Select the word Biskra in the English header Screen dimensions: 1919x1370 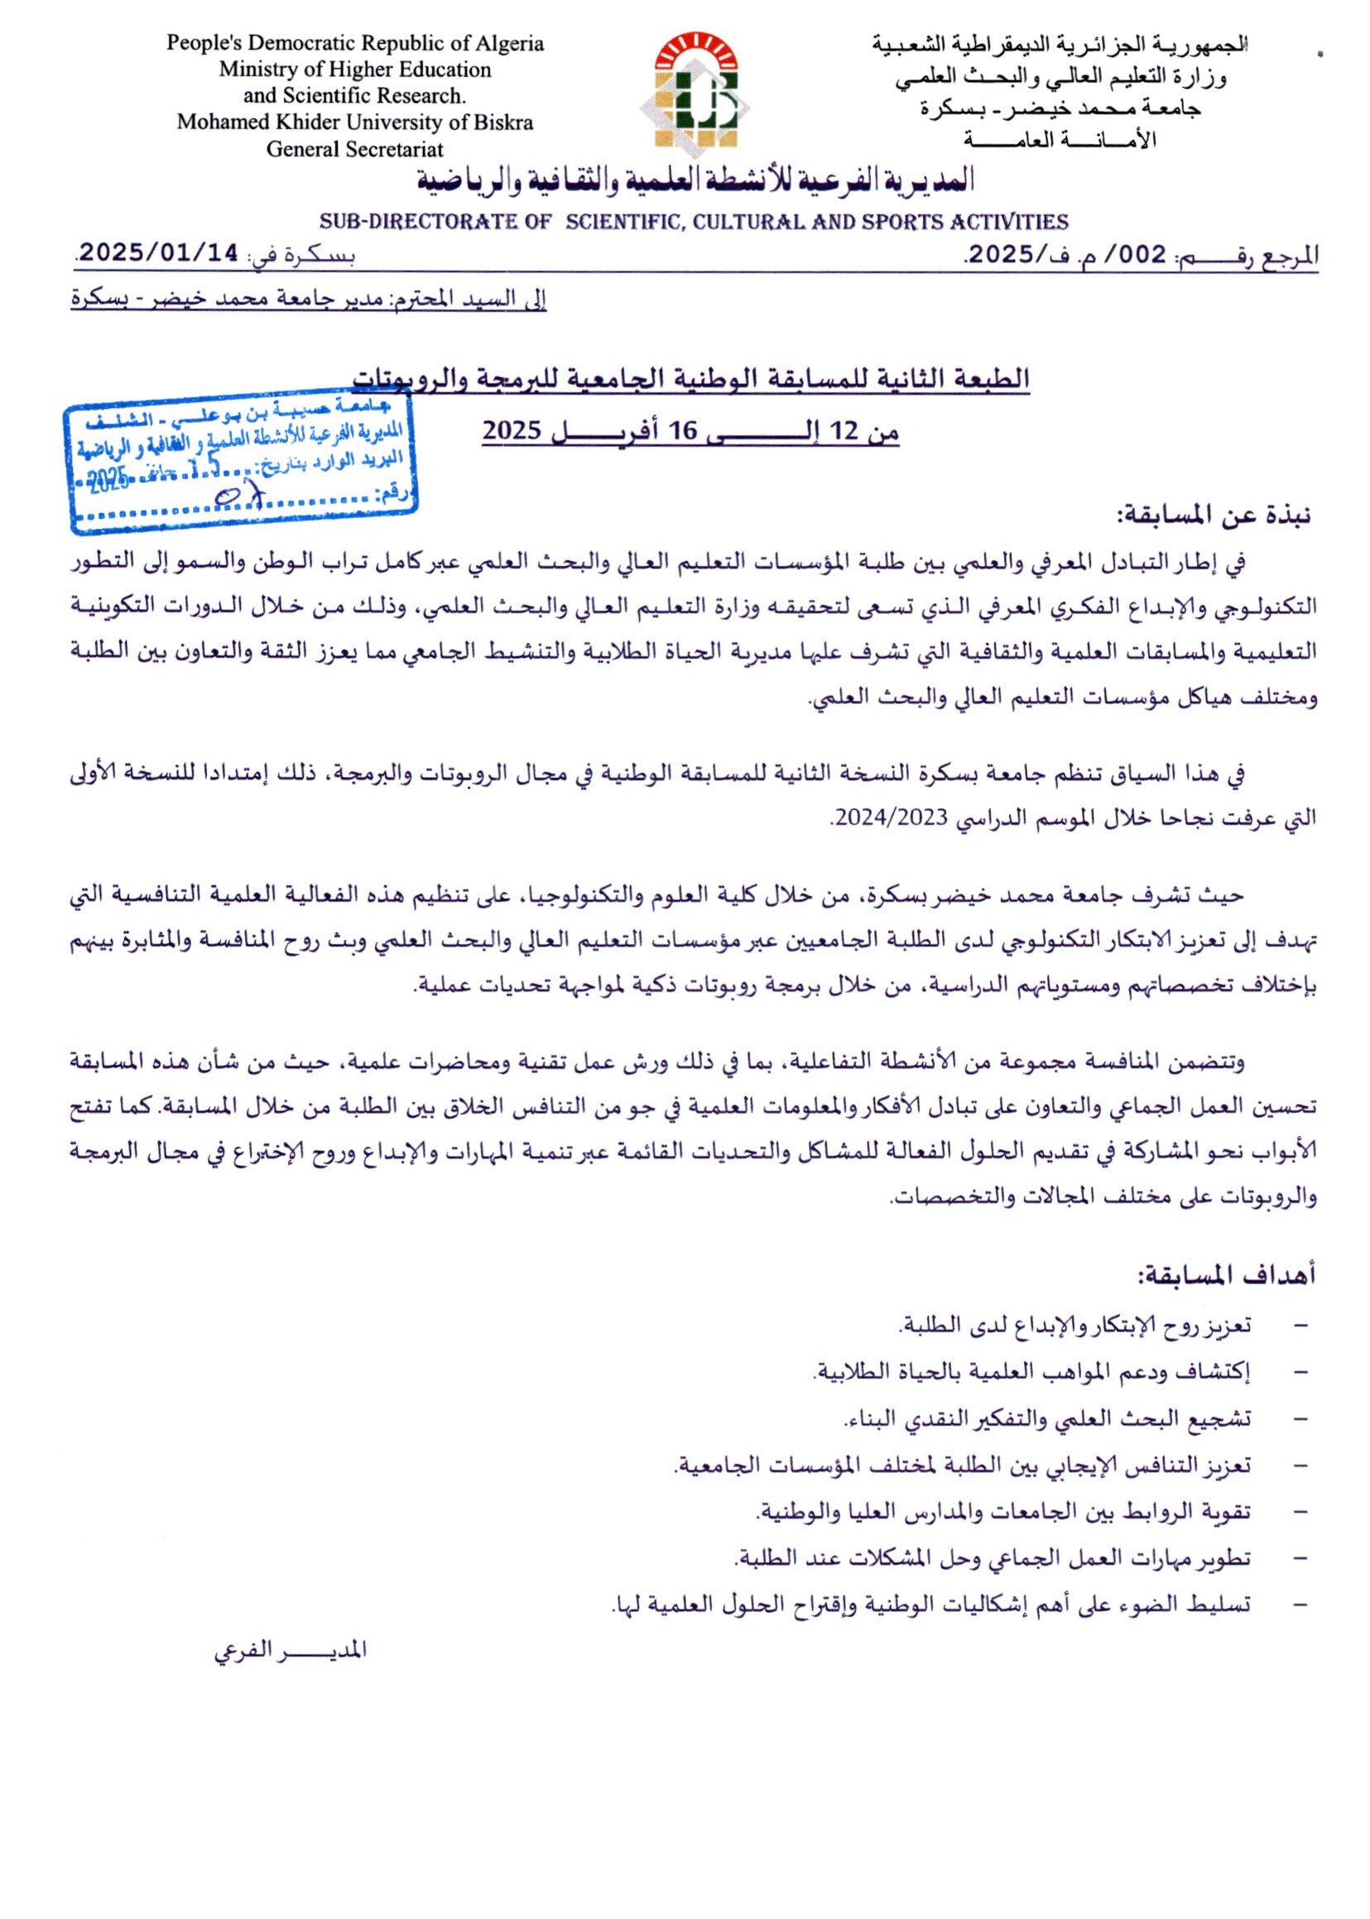[x=503, y=122]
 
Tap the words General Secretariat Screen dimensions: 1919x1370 [x=354, y=149]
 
